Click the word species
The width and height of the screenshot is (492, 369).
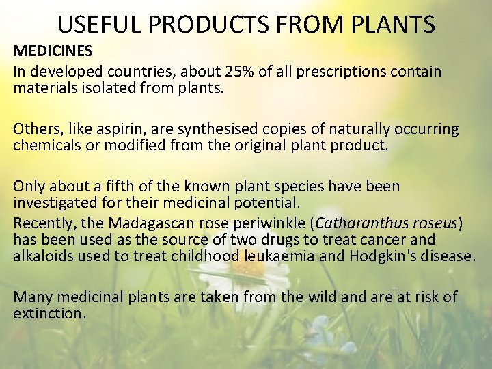296,187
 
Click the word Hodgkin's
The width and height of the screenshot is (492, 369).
390,257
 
